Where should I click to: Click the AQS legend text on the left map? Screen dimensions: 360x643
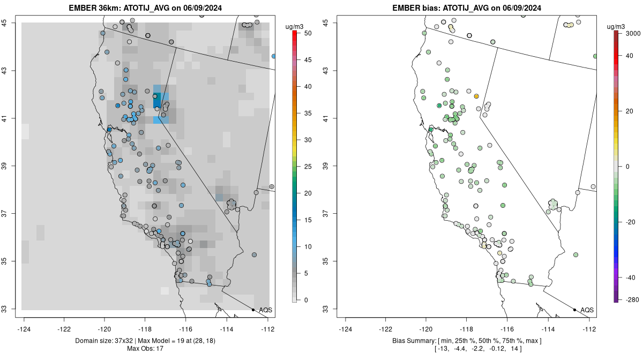click(265, 310)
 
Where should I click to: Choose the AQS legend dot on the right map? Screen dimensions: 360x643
click(574, 310)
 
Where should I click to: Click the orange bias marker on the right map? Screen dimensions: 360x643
click(476, 96)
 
